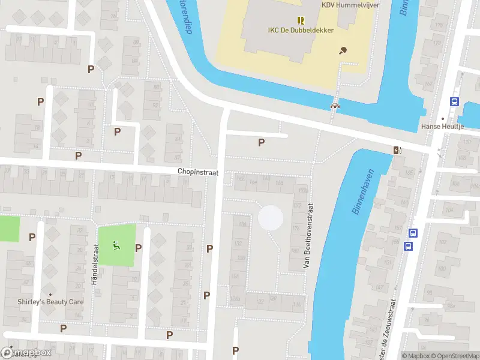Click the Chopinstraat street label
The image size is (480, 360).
(197, 172)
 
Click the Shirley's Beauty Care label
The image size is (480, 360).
(50, 302)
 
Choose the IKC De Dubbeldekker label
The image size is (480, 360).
(300, 31)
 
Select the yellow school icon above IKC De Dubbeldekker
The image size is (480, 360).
(301, 20)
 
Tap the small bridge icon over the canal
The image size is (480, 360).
(335, 106)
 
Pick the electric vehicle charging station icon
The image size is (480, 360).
(397, 150)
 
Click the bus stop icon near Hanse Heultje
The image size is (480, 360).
(455, 102)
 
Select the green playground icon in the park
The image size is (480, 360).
(116, 245)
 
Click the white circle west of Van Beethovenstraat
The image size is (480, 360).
(271, 217)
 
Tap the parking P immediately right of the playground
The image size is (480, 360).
(139, 248)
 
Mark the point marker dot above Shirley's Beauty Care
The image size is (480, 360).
(50, 295)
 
